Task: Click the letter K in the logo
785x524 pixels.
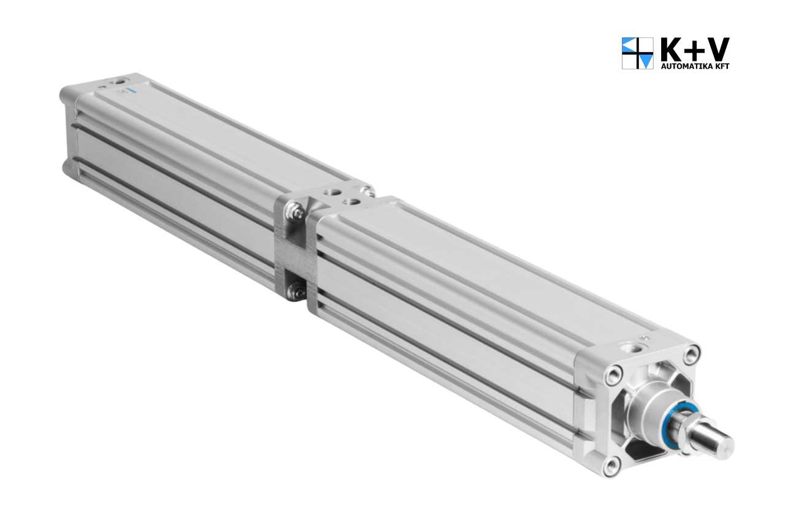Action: (x=672, y=49)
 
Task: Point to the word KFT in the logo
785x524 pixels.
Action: (x=722, y=66)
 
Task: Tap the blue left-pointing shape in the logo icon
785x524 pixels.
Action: (x=629, y=45)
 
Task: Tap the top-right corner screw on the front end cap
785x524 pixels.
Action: (x=691, y=353)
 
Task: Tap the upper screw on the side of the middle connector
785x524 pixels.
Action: (x=297, y=212)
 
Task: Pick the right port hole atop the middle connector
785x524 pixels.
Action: (x=351, y=201)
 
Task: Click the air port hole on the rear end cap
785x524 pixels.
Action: (x=118, y=82)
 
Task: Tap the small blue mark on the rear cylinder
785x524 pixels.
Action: (x=130, y=91)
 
